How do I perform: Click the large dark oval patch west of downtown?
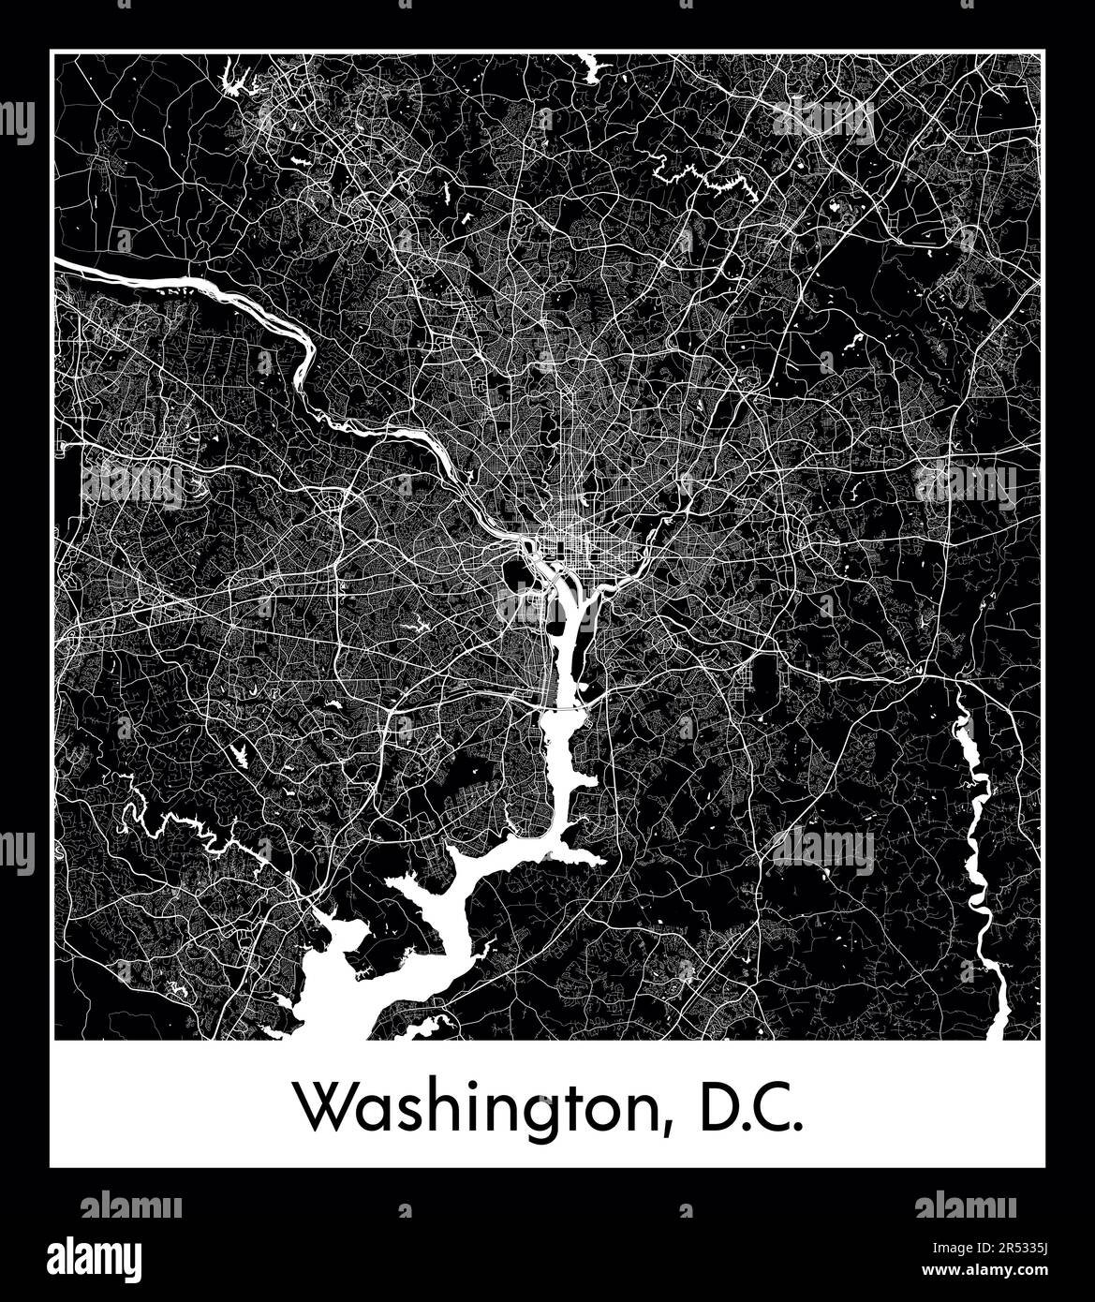pos(512,570)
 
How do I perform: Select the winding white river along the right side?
pos(979,843)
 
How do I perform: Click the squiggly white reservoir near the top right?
pos(721,178)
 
